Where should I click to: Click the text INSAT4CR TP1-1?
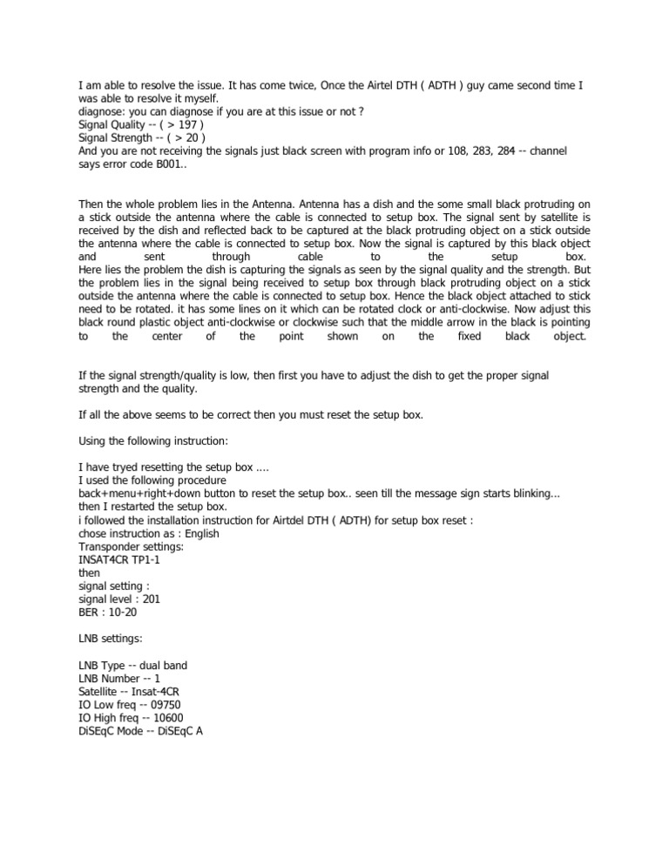(x=121, y=560)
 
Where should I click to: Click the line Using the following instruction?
(x=153, y=441)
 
